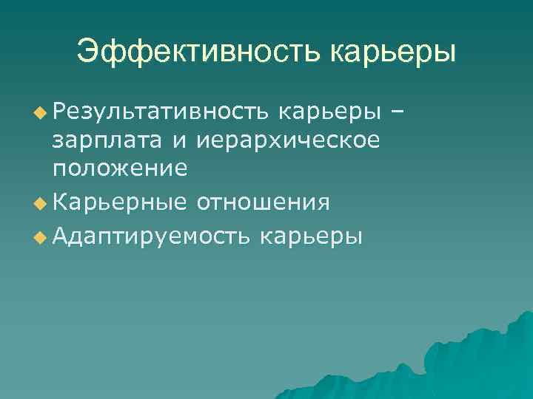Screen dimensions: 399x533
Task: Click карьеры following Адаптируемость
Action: pyautogui.click(x=311, y=238)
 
